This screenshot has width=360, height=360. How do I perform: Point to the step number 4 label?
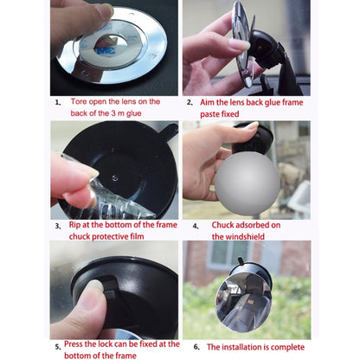196,227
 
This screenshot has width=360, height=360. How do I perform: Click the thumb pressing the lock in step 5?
91,297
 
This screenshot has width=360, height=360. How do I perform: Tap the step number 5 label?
57,347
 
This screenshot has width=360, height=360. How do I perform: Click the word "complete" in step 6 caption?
286,346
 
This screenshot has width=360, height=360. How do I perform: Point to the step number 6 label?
196,346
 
